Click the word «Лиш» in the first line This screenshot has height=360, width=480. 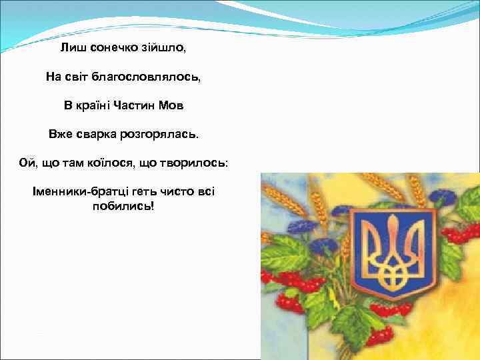(71, 48)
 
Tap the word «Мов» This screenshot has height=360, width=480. (173, 105)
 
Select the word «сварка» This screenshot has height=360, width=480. (95, 134)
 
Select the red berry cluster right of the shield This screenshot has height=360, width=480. (460, 233)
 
